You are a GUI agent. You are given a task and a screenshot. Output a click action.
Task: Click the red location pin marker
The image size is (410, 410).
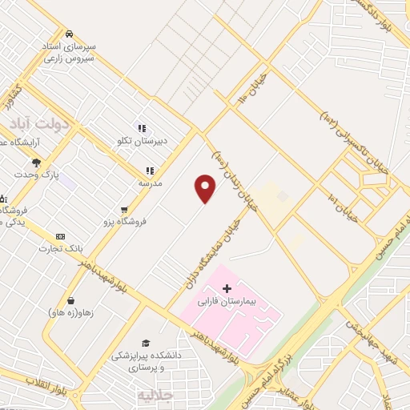(206, 187)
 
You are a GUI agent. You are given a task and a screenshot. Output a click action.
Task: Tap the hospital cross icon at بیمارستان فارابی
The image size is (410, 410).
(227, 288)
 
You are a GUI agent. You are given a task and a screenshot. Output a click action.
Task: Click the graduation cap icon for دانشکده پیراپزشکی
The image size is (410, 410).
(145, 342)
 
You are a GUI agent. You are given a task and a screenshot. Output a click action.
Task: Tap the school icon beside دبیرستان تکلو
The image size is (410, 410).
(142, 128)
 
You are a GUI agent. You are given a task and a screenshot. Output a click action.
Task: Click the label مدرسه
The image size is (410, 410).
(151, 183)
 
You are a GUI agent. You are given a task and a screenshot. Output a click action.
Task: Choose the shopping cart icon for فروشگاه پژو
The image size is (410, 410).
(124, 210)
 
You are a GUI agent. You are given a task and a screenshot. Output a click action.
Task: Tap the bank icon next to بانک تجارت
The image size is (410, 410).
(60, 237)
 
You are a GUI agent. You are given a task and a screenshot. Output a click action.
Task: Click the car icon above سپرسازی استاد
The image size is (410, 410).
(70, 34)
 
